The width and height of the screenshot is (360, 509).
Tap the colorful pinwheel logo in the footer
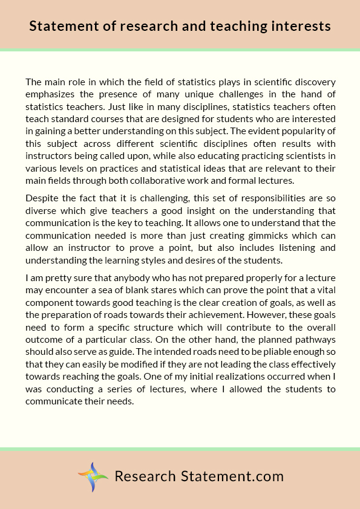(93, 477)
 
